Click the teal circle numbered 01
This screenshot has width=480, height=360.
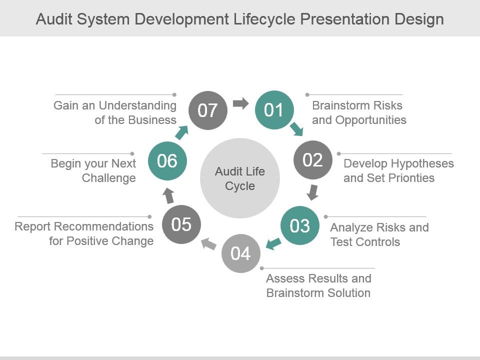point(274,109)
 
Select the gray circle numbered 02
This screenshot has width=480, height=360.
point(313,160)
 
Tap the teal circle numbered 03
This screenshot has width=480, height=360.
point(299,225)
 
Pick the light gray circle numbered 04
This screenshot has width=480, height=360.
point(241,253)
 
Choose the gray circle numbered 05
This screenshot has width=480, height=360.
point(181,224)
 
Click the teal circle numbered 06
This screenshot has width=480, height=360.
point(167,160)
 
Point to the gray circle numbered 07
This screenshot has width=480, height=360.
point(208,110)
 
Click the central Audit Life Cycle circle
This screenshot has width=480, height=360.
point(240,178)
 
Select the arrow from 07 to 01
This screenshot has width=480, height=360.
point(241,103)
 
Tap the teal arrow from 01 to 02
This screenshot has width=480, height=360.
point(296,129)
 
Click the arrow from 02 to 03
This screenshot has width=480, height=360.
point(312,192)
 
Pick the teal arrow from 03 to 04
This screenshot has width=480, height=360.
point(273,243)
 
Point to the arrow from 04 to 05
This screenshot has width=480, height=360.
point(209,243)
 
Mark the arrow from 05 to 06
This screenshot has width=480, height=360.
point(168,196)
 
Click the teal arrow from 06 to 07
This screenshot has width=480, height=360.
point(181,132)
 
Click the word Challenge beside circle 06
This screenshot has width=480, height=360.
point(108,178)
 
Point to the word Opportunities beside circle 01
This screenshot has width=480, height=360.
point(370,120)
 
